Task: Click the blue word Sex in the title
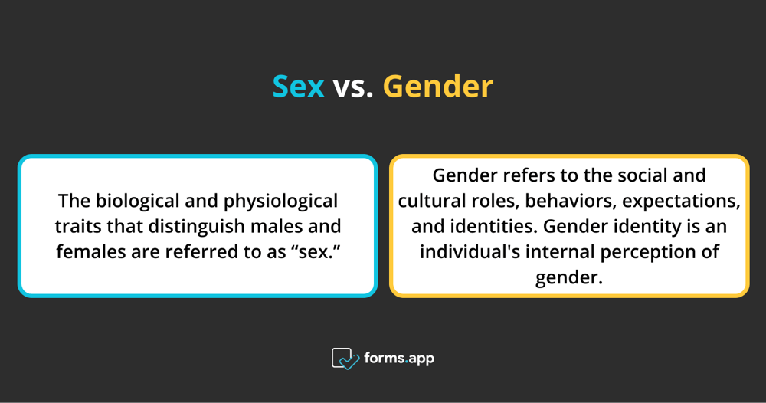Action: pos(299,87)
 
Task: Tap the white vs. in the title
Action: pos(353,87)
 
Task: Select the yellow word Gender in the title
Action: pos(437,87)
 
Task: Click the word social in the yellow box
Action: pos(642,175)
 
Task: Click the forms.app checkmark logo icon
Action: pos(345,359)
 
